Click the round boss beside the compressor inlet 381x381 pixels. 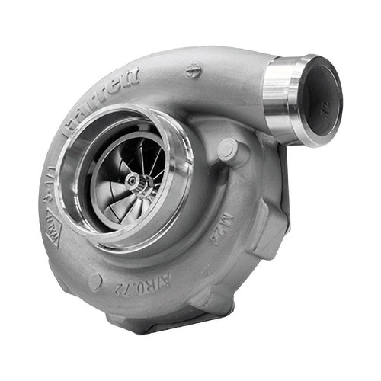click(x=228, y=149)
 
